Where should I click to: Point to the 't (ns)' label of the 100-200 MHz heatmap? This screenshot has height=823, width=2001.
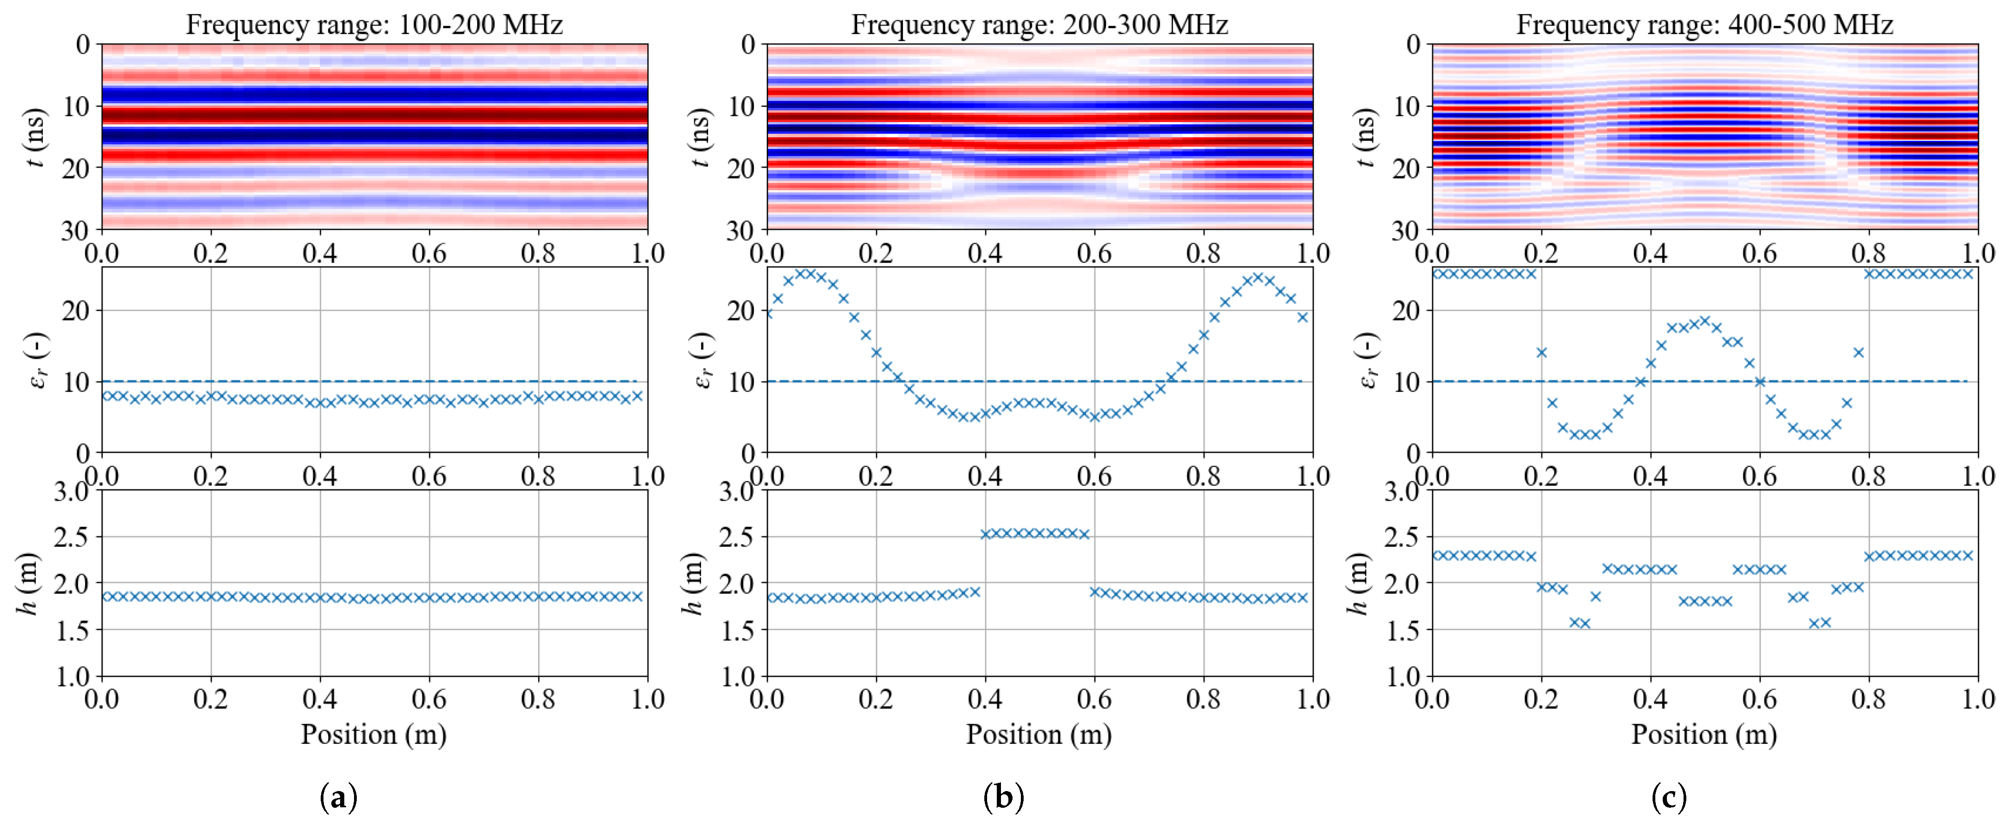click(34, 137)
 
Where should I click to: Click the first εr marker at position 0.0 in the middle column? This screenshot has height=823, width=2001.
click(768, 313)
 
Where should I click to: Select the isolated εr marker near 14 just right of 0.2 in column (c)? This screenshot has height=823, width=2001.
click(1542, 352)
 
